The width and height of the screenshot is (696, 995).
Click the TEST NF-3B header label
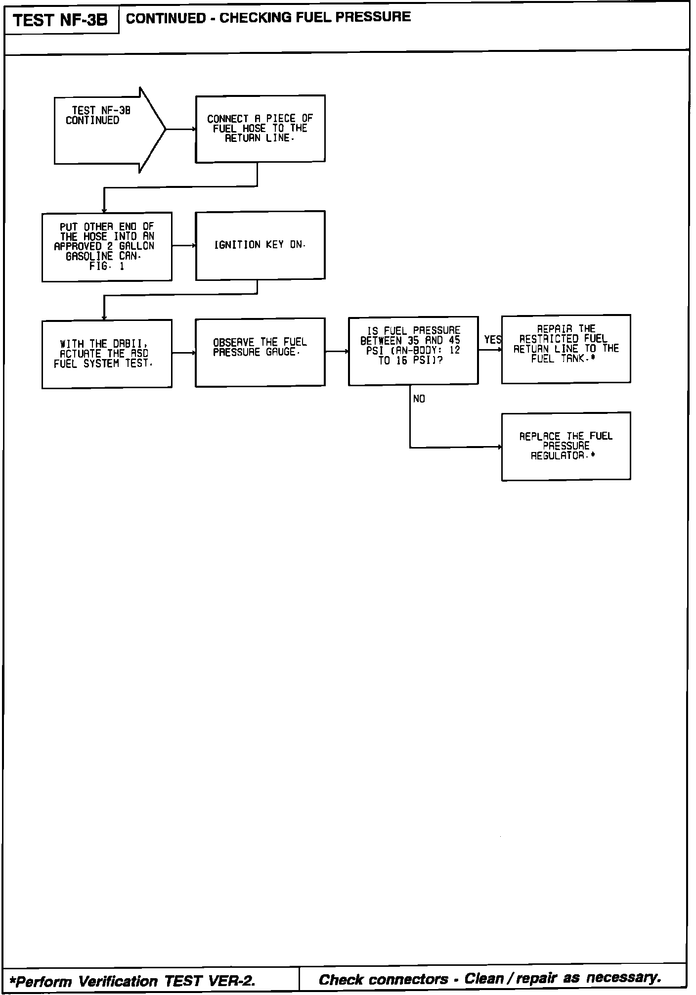click(60, 20)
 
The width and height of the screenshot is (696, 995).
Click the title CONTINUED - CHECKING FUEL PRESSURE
click(268, 17)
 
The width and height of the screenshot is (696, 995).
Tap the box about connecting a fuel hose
click(260, 129)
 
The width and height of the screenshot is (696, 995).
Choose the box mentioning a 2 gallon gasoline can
click(107, 246)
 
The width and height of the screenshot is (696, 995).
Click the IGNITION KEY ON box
click(260, 245)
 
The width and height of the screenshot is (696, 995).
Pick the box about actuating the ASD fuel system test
click(107, 354)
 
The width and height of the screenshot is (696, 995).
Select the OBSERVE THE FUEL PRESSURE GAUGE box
click(260, 352)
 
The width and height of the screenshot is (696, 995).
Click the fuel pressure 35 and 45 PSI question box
click(413, 350)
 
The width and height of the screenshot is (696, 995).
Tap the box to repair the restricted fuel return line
click(565, 349)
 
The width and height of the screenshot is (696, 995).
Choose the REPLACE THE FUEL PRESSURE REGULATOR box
click(565, 446)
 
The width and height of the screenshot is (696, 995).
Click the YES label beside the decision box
click(492, 340)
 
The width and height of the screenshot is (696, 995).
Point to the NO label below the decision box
click(419, 399)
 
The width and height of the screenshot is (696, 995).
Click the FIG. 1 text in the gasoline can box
click(107, 266)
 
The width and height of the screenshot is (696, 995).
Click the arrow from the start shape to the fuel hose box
click(180, 130)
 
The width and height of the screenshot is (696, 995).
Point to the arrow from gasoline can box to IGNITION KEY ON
click(184, 245)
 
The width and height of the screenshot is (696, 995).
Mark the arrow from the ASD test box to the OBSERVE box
click(184, 353)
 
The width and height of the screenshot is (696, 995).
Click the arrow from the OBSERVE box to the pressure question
click(337, 352)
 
